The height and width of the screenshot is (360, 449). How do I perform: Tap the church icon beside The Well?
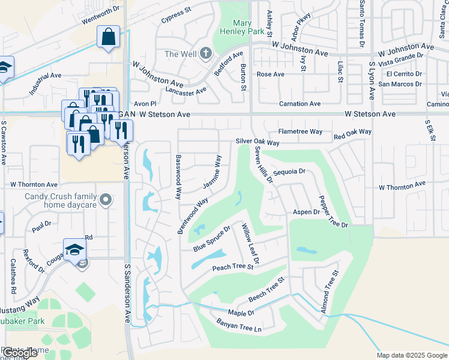[x=206, y=54]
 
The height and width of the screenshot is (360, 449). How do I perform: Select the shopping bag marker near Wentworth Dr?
[x=108, y=37]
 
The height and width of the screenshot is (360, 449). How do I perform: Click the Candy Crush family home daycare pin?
[x=106, y=199]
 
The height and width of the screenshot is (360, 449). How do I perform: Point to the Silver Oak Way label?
[x=258, y=142]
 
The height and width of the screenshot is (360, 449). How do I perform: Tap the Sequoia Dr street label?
[x=289, y=172]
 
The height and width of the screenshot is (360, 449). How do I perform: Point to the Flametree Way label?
[x=300, y=131]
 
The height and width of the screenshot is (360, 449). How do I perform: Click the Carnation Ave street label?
[x=299, y=104]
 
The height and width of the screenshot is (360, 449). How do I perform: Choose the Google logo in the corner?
[x=19, y=353]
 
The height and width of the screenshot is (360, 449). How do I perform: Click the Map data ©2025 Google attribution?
[x=411, y=355]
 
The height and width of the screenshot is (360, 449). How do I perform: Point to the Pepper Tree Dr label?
[x=333, y=211]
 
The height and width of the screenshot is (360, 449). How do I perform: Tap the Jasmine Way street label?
[x=212, y=173]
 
